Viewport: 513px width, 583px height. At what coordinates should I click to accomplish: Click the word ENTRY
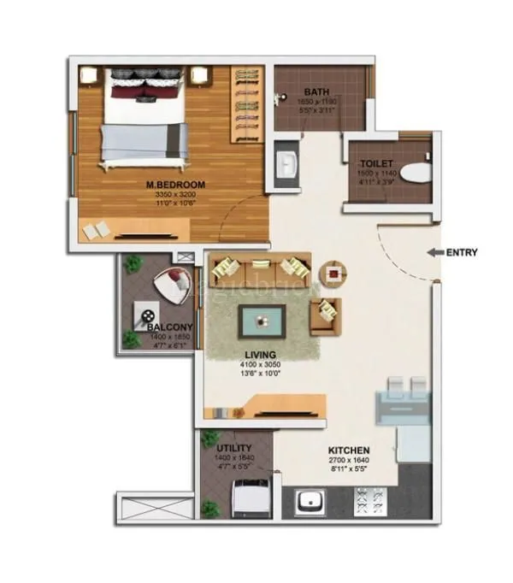[x=462, y=252]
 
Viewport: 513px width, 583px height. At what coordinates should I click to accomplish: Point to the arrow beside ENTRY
[x=434, y=252]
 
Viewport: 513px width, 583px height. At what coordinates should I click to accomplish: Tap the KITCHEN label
[x=349, y=450]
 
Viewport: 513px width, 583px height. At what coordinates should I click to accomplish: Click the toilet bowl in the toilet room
[x=416, y=173]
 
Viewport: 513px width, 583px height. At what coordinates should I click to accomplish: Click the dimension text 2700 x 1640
[x=349, y=461]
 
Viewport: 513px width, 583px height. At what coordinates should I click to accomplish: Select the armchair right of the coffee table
[x=327, y=316]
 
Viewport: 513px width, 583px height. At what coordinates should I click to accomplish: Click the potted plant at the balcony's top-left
[x=133, y=264]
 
